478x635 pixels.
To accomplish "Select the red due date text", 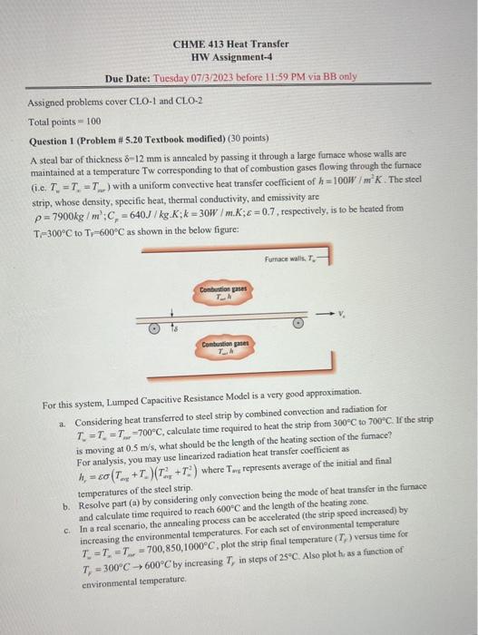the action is (255, 77).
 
